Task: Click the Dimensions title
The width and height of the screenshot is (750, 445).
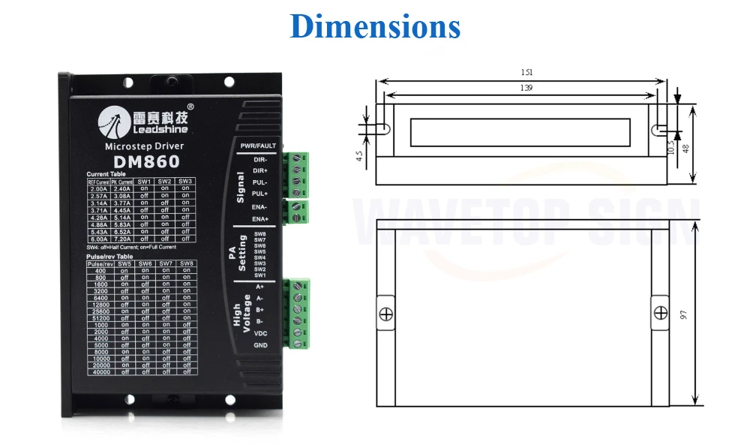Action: coord(375,26)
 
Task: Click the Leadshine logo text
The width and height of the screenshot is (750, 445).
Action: coord(145,130)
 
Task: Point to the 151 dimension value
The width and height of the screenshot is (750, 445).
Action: coord(526,73)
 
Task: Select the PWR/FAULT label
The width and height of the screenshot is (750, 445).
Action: coord(258,146)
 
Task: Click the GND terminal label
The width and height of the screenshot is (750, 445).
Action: coord(259,344)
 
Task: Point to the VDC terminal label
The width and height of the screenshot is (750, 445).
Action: coord(259,332)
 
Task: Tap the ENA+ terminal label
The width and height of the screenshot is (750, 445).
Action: coord(260,218)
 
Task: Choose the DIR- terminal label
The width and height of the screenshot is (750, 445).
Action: coord(260,159)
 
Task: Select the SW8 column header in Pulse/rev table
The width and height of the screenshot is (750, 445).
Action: coord(186,263)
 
